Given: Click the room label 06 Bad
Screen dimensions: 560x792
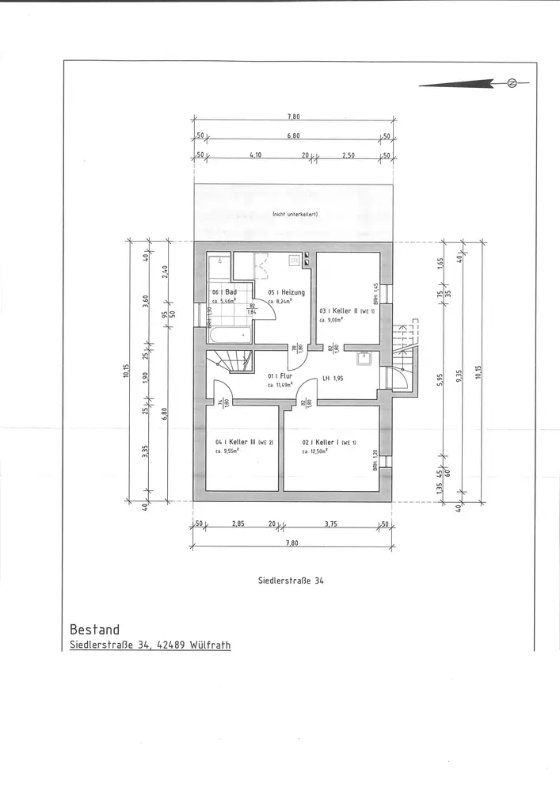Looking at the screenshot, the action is pyautogui.click(x=225, y=292).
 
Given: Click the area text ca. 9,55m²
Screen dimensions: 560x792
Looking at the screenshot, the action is pyautogui.click(x=228, y=451).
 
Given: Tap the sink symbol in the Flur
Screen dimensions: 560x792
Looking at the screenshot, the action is pyautogui.click(x=365, y=357).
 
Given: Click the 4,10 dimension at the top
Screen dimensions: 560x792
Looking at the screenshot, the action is pyautogui.click(x=255, y=154).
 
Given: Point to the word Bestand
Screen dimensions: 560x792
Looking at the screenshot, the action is pyautogui.click(x=94, y=630).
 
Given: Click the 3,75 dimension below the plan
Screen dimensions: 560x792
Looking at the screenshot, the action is pyautogui.click(x=331, y=524).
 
